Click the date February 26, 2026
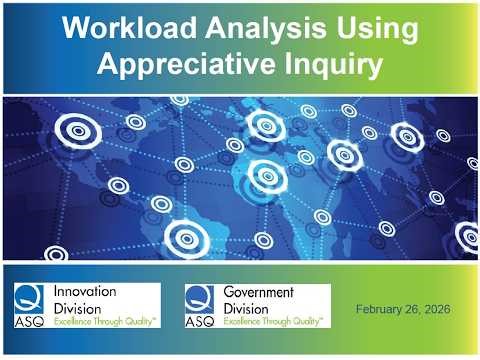tap(403, 310)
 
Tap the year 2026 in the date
tap(437, 310)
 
